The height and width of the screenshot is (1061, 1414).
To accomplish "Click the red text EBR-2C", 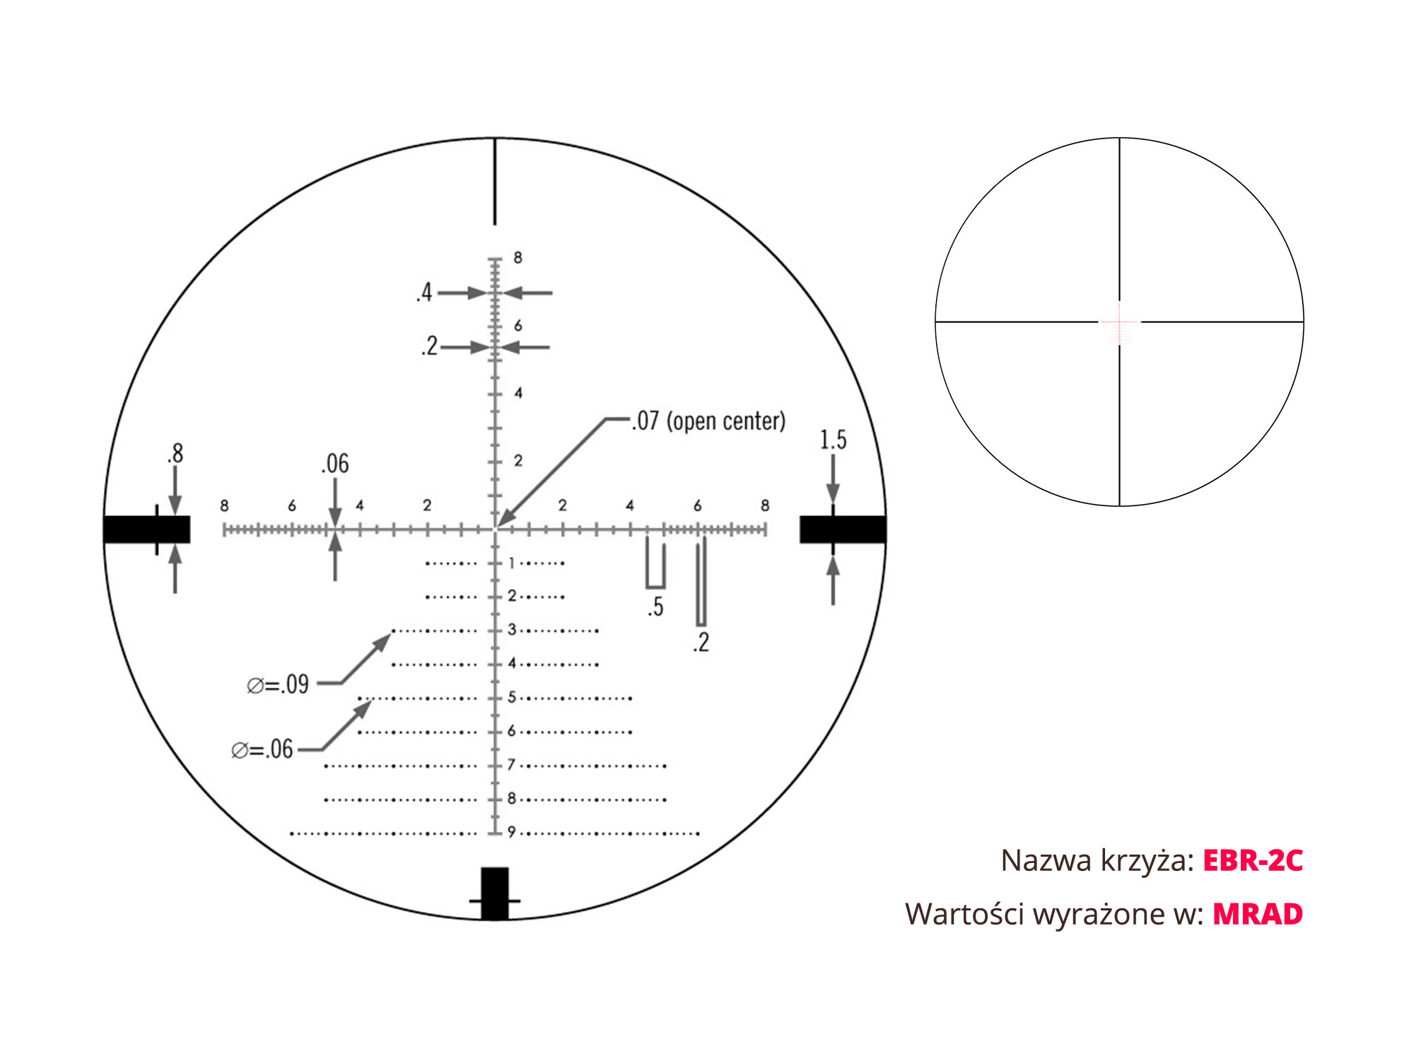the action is tap(1253, 860).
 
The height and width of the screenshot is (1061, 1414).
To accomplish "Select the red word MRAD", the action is tap(1258, 914).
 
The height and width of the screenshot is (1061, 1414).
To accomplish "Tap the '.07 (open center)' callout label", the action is tap(708, 421).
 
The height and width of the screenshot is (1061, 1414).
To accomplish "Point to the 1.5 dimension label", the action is tap(833, 440).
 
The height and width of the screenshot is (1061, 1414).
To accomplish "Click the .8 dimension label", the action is tap(175, 453).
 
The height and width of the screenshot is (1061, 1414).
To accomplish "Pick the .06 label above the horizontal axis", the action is tap(335, 464).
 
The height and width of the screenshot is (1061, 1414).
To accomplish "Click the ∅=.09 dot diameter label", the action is tap(278, 684).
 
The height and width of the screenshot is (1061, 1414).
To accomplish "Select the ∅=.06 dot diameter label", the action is tap(262, 749).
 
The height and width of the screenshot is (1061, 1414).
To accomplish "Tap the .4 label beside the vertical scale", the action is tap(424, 292).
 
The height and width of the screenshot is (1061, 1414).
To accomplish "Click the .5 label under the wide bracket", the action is tap(655, 607).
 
